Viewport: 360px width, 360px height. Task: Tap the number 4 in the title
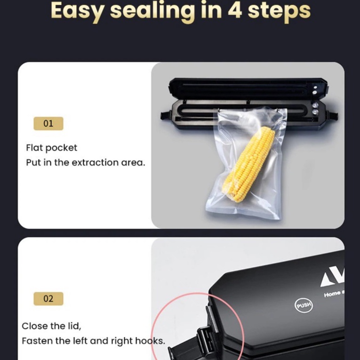pyautogui.click(x=235, y=10)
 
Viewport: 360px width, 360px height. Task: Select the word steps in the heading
pyautogui.click(x=279, y=11)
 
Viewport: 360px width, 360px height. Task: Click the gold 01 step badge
pyautogui.click(x=48, y=123)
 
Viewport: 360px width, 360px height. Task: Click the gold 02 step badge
pyautogui.click(x=48, y=299)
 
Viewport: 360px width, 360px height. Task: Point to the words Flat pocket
pyautogui.click(x=52, y=148)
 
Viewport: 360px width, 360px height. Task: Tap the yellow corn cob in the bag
pyautogui.click(x=249, y=164)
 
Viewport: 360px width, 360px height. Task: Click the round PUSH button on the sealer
pyautogui.click(x=304, y=305)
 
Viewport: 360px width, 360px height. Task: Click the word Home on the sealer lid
pyautogui.click(x=332, y=294)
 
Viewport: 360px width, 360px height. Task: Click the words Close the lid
pyautogui.click(x=51, y=326)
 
